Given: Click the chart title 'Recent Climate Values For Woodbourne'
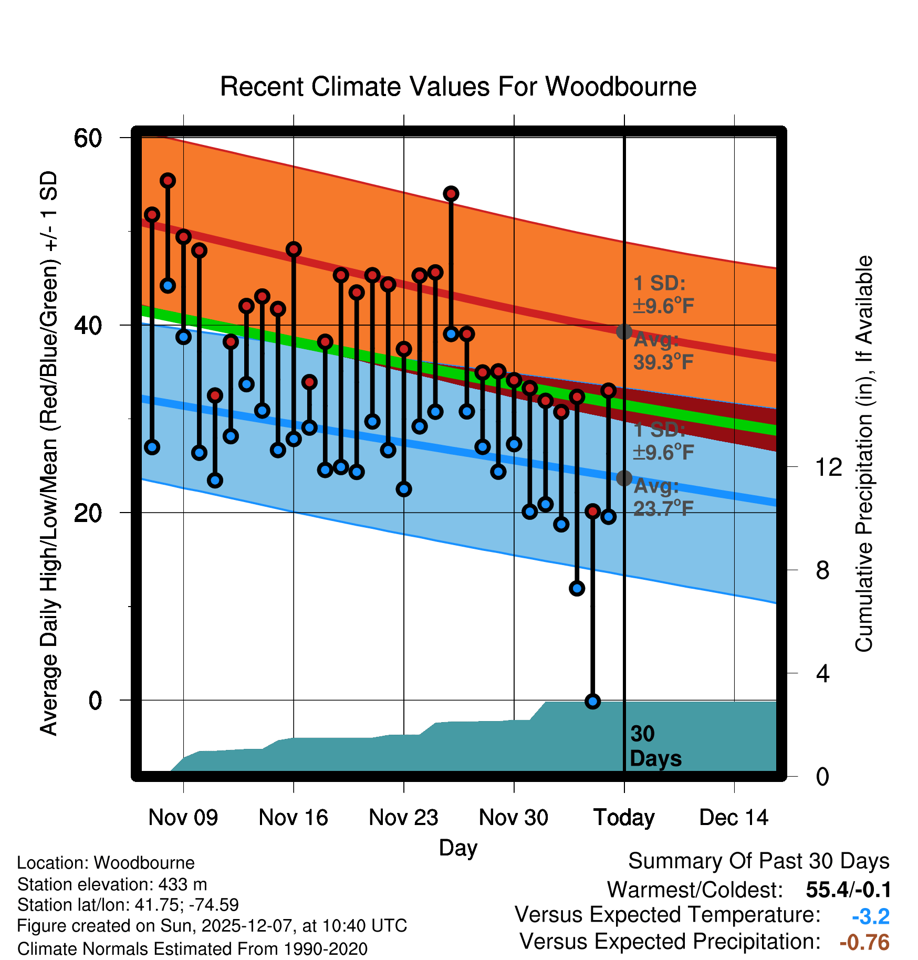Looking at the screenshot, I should pyautogui.click(x=458, y=87).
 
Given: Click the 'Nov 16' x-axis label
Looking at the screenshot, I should pyautogui.click(x=293, y=818).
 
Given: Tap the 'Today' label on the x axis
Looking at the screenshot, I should pyautogui.click(x=624, y=818).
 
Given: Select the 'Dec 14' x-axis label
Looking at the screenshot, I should pyautogui.click(x=734, y=818).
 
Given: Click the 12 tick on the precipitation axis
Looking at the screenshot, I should pyautogui.click(x=828, y=467).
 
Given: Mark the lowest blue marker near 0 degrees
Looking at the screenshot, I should pyautogui.click(x=592, y=701).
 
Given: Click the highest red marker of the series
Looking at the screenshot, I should pyautogui.click(x=168, y=181).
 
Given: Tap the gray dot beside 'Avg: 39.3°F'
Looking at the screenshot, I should pyautogui.click(x=624, y=331).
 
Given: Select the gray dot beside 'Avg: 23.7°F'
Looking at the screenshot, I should pyautogui.click(x=624, y=478).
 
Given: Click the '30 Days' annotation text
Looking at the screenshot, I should pyautogui.click(x=655, y=746).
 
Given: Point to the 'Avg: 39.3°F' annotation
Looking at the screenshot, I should pyautogui.click(x=663, y=351).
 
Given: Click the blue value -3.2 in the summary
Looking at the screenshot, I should pyautogui.click(x=870, y=916).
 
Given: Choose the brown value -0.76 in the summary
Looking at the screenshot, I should pyautogui.click(x=864, y=942).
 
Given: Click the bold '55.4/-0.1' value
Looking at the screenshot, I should pyautogui.click(x=848, y=890).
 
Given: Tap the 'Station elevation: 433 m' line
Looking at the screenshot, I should pyautogui.click(x=112, y=884).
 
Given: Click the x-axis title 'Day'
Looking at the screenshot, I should pyautogui.click(x=458, y=848).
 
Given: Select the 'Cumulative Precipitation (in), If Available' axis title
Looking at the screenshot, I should pyautogui.click(x=864, y=454).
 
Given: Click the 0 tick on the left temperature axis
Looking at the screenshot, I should pyautogui.click(x=95, y=701).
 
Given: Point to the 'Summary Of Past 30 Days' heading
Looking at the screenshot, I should pyautogui.click(x=758, y=862).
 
